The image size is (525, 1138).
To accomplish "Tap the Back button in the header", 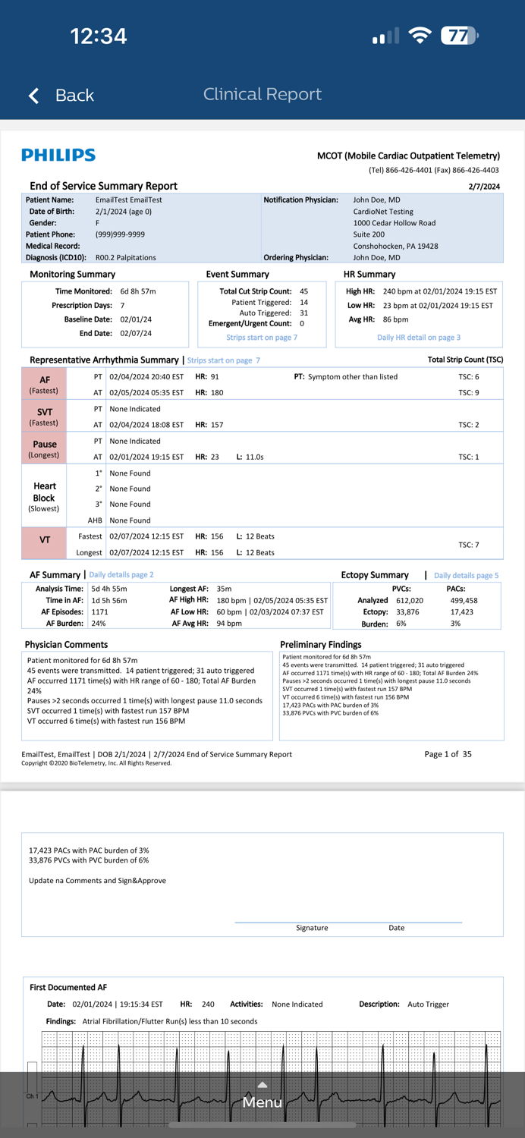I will click(61, 95).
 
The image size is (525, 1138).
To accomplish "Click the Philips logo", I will click(58, 156).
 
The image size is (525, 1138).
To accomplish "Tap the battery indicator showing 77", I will click(459, 36).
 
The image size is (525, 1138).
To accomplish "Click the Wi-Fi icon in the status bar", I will click(420, 36).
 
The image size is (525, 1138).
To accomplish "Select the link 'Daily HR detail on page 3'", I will click(418, 338).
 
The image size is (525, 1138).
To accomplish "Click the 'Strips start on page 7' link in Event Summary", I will click(262, 338).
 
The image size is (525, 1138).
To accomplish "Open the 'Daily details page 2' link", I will click(121, 575).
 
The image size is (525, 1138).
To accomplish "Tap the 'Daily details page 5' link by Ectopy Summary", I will click(466, 576).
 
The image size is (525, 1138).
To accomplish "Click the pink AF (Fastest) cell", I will click(44, 385).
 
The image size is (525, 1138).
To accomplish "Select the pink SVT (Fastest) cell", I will click(44, 417).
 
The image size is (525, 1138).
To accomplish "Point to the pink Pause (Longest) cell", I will click(44, 448).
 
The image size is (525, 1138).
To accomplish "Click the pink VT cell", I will click(44, 540).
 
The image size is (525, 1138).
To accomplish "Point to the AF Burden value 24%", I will click(99, 624).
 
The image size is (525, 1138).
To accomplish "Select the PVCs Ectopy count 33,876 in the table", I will click(407, 612).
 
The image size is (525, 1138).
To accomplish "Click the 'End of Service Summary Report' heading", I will click(103, 186).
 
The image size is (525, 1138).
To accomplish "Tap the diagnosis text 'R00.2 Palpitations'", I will click(125, 258).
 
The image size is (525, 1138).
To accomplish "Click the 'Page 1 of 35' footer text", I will click(448, 754).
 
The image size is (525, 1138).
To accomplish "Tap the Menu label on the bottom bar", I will click(262, 1102).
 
